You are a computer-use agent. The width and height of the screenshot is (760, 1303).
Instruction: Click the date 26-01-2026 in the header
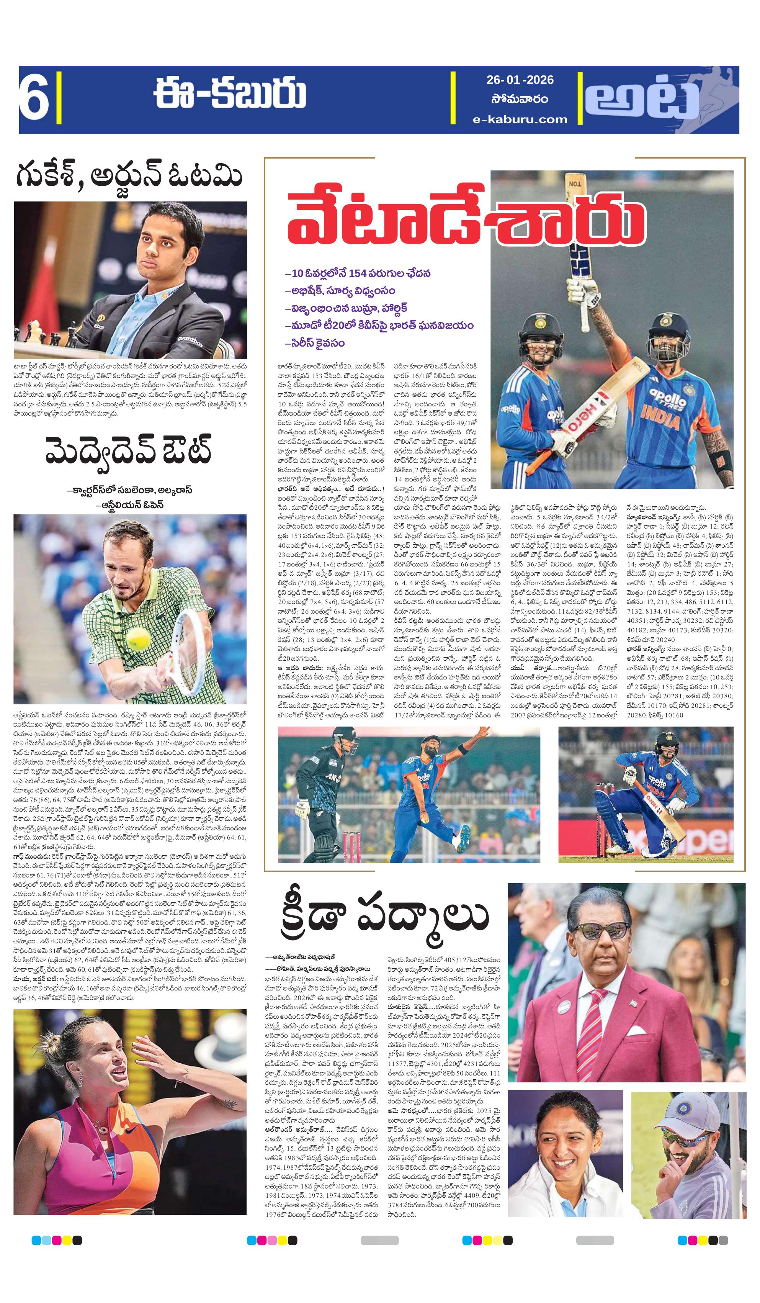point(520,80)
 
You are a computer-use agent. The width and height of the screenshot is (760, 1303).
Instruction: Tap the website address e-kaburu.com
point(520,119)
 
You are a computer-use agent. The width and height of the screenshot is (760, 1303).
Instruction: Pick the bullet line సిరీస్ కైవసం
point(315,343)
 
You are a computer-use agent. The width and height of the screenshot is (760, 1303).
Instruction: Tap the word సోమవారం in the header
point(520,99)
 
